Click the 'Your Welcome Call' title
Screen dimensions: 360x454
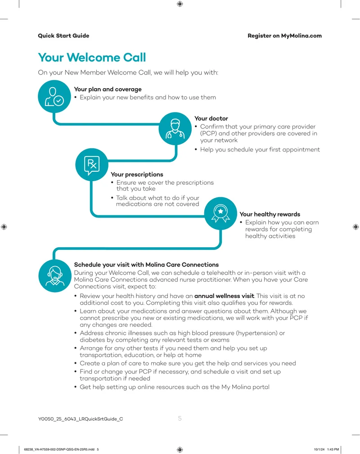[x=92, y=58]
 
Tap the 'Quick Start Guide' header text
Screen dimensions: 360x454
[x=63, y=36]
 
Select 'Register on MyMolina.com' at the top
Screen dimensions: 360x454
[x=284, y=36]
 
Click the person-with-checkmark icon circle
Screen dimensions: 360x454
[x=54, y=96]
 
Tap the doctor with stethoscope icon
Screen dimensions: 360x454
[x=175, y=129]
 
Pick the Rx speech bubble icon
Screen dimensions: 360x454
[x=92, y=165]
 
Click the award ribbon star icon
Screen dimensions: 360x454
[x=220, y=214]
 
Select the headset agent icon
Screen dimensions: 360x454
[x=55, y=276]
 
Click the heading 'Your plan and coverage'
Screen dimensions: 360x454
[x=108, y=89]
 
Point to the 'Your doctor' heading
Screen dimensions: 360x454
[x=211, y=118]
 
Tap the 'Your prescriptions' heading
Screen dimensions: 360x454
[x=137, y=174]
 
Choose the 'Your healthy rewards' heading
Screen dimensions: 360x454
[x=270, y=214]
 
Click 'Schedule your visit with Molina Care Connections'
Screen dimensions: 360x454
[x=146, y=265]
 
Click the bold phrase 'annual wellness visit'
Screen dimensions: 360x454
[x=224, y=296]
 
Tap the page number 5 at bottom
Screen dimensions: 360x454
[x=180, y=418]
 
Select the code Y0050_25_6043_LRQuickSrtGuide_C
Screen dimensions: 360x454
[x=81, y=419]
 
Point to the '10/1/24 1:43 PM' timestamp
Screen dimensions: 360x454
[x=326, y=450]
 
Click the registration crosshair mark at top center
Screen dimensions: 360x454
[x=180, y=4]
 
